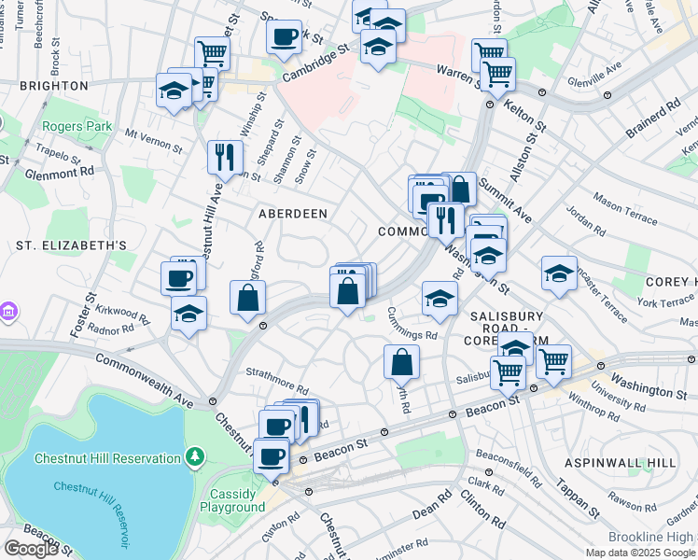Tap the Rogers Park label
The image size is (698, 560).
[x=76, y=126]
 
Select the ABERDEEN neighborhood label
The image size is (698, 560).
[x=293, y=214]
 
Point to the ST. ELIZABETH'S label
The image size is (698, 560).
[x=71, y=245]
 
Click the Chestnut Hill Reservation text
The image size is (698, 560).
[x=106, y=458]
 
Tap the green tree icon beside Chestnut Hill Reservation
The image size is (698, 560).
[x=195, y=457]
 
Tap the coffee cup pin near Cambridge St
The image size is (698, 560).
[x=285, y=37]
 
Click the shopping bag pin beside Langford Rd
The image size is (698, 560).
[x=248, y=299]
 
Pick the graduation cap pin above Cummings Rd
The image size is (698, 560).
[x=440, y=299]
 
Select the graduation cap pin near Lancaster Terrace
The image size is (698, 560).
[x=559, y=273]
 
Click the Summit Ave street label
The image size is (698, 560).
[x=505, y=203]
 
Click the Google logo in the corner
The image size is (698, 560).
[x=32, y=549]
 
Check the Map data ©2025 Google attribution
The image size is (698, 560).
[x=640, y=553]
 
